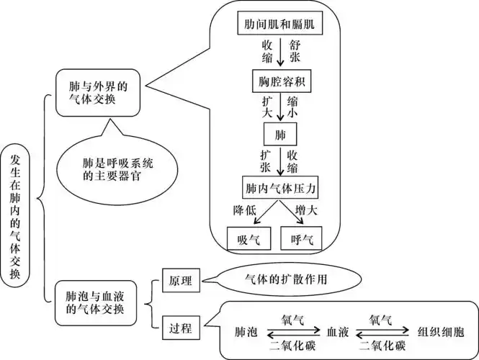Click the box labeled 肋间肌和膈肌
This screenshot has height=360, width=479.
[279, 24]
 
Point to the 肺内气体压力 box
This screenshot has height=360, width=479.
[279, 189]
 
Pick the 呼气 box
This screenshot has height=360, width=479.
[300, 239]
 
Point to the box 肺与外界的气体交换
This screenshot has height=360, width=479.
[92, 94]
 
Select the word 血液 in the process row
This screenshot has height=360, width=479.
[338, 332]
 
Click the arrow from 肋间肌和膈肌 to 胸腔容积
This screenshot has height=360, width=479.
[279, 52]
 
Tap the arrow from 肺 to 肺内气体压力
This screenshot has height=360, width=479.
[279, 162]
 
